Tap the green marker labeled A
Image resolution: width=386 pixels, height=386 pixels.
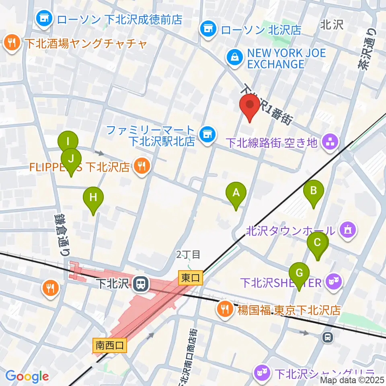tap(236, 194)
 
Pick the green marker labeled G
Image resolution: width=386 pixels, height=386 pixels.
tap(299, 274)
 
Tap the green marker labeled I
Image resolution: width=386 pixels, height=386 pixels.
tap(68, 142)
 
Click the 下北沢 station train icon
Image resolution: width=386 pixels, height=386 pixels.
tap(141, 284)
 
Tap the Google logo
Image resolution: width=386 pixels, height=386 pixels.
tap(27, 376)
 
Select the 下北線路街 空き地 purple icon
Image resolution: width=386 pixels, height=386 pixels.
tap(331, 142)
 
